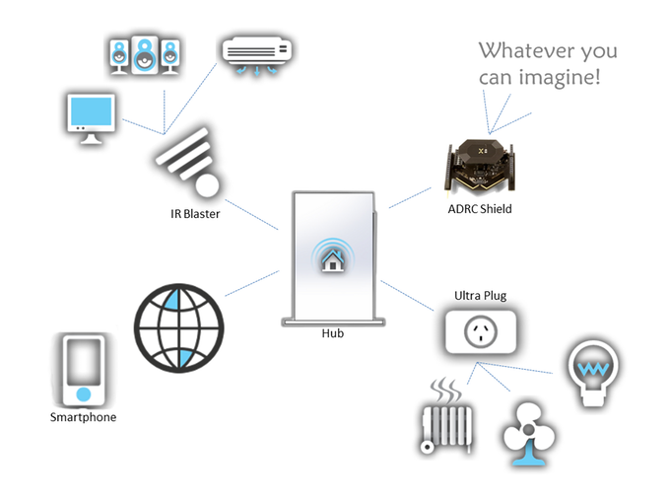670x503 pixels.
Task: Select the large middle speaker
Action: pos(145,55)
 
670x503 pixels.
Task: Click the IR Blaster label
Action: pos(195,213)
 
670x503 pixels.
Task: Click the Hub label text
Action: pos(333,333)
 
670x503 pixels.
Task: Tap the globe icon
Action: pos(179,327)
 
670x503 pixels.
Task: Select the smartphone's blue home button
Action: pos(84,394)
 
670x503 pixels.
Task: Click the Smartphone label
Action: pos(83,417)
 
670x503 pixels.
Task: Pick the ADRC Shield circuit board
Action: pos(480,166)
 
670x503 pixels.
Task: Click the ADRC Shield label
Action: pos(480,209)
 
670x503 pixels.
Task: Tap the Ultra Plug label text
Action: pos(480,296)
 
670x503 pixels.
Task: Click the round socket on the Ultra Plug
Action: pos(481,331)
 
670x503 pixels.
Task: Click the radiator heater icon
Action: pos(446,416)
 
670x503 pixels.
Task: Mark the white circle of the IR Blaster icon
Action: pos(207,185)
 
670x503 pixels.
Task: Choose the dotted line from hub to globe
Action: pos(252,283)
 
